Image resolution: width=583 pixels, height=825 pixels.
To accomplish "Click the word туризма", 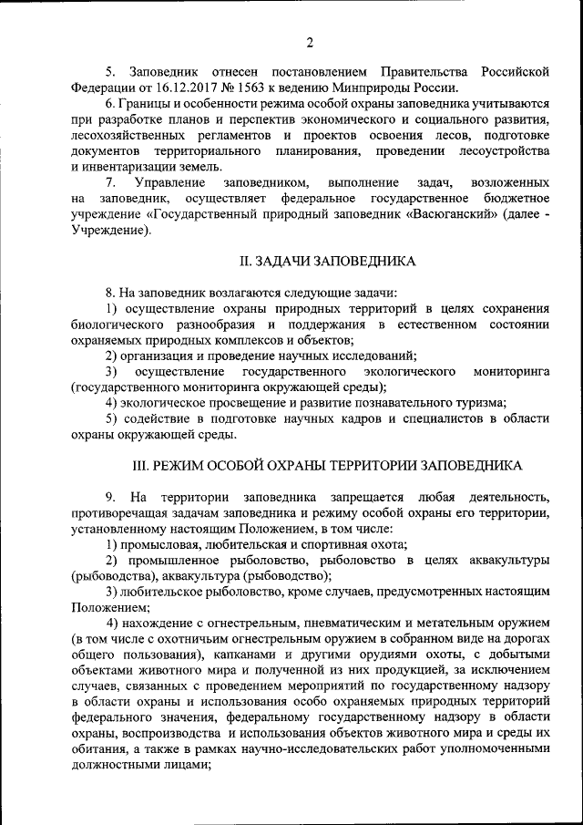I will click(x=478, y=402).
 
